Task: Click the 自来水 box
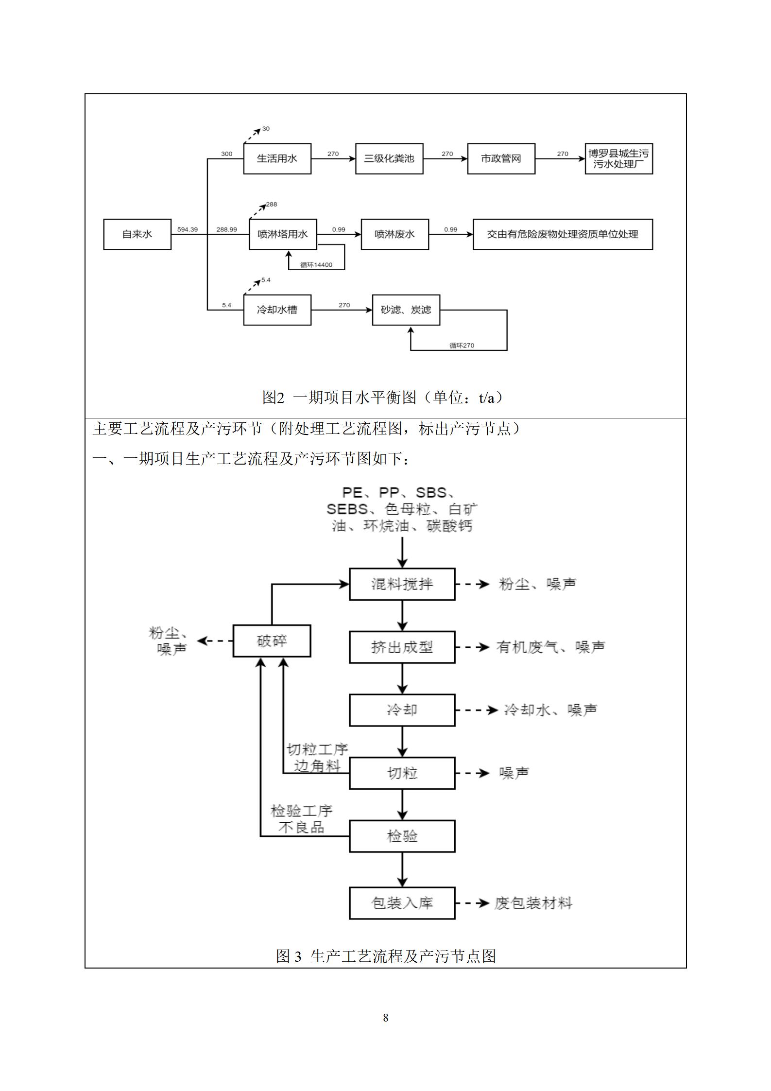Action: [137, 234]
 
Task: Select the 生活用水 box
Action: [277, 158]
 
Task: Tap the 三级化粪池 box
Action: [389, 158]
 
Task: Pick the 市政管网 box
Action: [501, 158]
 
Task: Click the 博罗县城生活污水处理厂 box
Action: [618, 158]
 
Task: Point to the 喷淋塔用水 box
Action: [283, 234]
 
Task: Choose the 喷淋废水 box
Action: [394, 234]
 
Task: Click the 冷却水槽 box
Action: [277, 310]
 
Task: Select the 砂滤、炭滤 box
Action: [406, 310]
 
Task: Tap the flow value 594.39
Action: [187, 229]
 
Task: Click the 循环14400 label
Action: [316, 265]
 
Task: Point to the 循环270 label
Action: [462, 346]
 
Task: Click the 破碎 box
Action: [272, 641]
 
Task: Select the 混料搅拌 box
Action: [402, 584]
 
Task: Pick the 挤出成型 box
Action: [402, 647]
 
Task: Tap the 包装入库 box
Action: [402, 903]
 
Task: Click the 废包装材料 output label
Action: [533, 903]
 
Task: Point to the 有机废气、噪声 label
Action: [550, 647]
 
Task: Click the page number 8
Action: [386, 1017]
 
